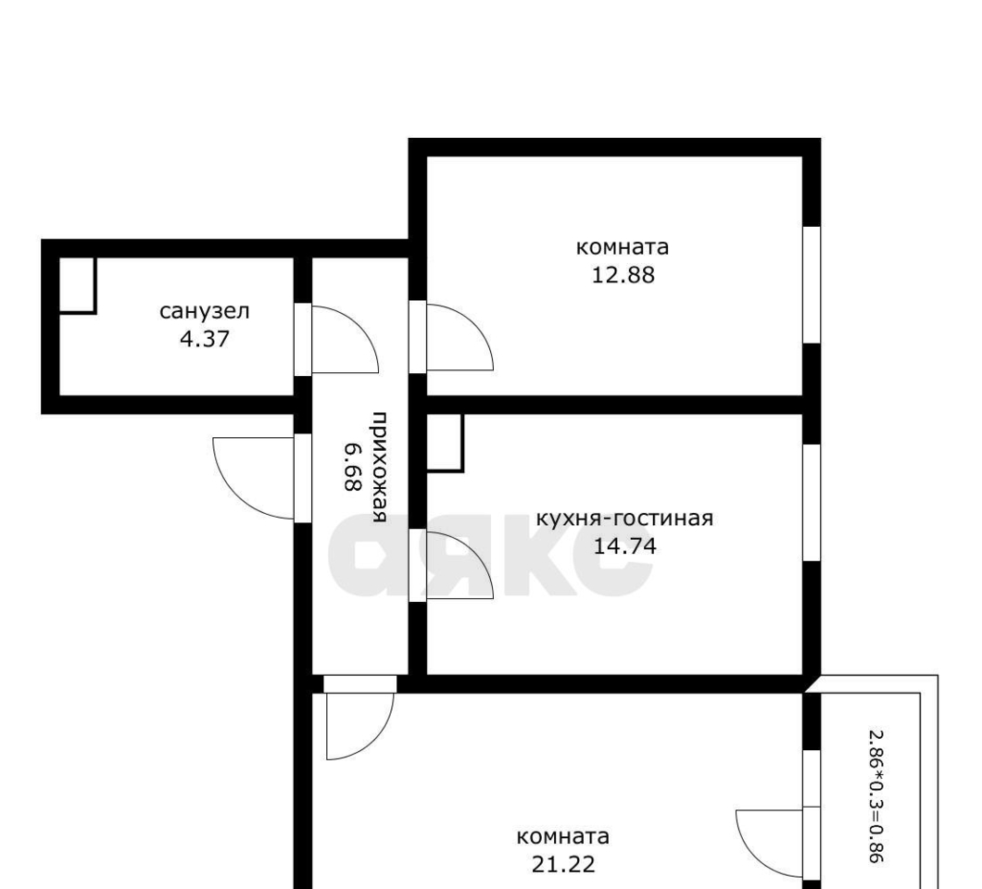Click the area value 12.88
tap(623, 275)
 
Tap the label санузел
tap(205, 311)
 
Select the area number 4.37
tap(205, 339)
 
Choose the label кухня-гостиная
tap(625, 519)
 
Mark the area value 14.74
tap(625, 546)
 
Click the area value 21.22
tap(563, 865)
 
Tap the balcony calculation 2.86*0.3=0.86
tap(876, 797)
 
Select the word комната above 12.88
tap(623, 247)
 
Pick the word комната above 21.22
tap(563, 836)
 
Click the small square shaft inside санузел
tap(77, 285)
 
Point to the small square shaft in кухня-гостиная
tap(446, 443)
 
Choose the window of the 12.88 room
tap(812, 285)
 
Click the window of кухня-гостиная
tap(812, 503)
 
